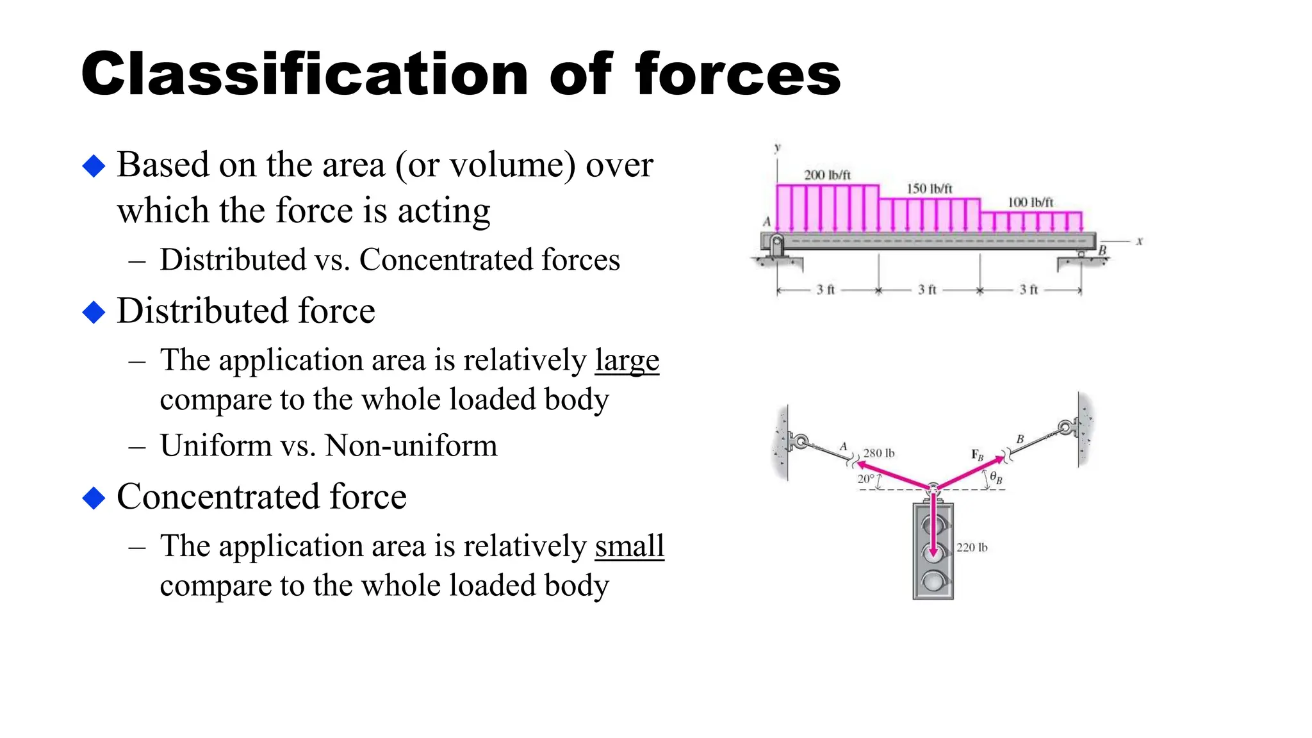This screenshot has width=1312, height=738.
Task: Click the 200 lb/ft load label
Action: (827, 175)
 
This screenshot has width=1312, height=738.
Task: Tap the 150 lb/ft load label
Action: (929, 189)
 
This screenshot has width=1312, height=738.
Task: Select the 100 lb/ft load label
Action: (1030, 202)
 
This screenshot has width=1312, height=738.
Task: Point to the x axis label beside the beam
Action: (1139, 242)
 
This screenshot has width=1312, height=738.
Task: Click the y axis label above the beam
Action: (778, 147)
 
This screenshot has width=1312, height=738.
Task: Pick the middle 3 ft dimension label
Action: (927, 290)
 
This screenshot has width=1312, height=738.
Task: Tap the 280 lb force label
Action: (878, 453)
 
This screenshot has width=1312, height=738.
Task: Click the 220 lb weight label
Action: (971, 547)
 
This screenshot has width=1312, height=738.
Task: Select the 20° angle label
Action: (865, 479)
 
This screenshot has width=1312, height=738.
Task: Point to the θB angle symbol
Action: (996, 477)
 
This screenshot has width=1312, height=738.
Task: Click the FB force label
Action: (977, 455)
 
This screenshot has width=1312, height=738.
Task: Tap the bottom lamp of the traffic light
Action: (933, 581)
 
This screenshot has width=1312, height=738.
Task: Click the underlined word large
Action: (627, 361)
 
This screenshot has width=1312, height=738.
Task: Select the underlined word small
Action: (629, 546)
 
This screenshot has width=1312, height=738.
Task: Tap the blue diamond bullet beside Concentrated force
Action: (94, 498)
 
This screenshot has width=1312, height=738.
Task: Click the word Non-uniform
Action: (411, 445)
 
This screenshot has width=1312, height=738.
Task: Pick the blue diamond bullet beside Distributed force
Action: (94, 312)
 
